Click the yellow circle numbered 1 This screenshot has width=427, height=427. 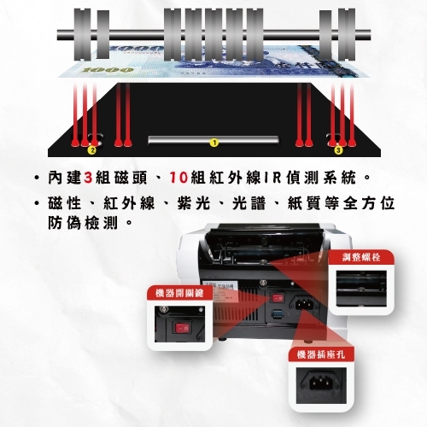click(x=214, y=143)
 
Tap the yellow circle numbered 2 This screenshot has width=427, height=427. click(x=92, y=149)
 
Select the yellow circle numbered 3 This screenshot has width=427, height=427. click(x=338, y=149)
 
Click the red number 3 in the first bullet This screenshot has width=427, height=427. click(x=89, y=178)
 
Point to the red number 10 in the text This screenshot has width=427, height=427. click(x=178, y=178)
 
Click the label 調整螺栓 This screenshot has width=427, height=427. click(x=361, y=258)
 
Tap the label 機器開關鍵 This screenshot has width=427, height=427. click(x=179, y=293)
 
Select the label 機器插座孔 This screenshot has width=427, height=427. click(x=321, y=354)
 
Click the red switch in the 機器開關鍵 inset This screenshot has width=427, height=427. click(x=182, y=329)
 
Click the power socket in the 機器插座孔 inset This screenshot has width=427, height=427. click(x=321, y=383)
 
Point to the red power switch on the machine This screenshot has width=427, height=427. click(x=278, y=298)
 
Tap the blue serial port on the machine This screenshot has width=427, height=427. click(x=277, y=314)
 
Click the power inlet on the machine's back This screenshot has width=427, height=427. click(x=304, y=304)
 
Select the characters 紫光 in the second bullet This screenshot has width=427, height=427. click(x=194, y=203)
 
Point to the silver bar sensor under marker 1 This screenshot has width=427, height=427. click(x=213, y=140)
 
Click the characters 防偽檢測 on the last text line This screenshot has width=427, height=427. click(x=83, y=223)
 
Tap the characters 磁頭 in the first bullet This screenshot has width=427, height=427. click(x=131, y=178)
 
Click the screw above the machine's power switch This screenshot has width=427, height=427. click(x=261, y=283)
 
